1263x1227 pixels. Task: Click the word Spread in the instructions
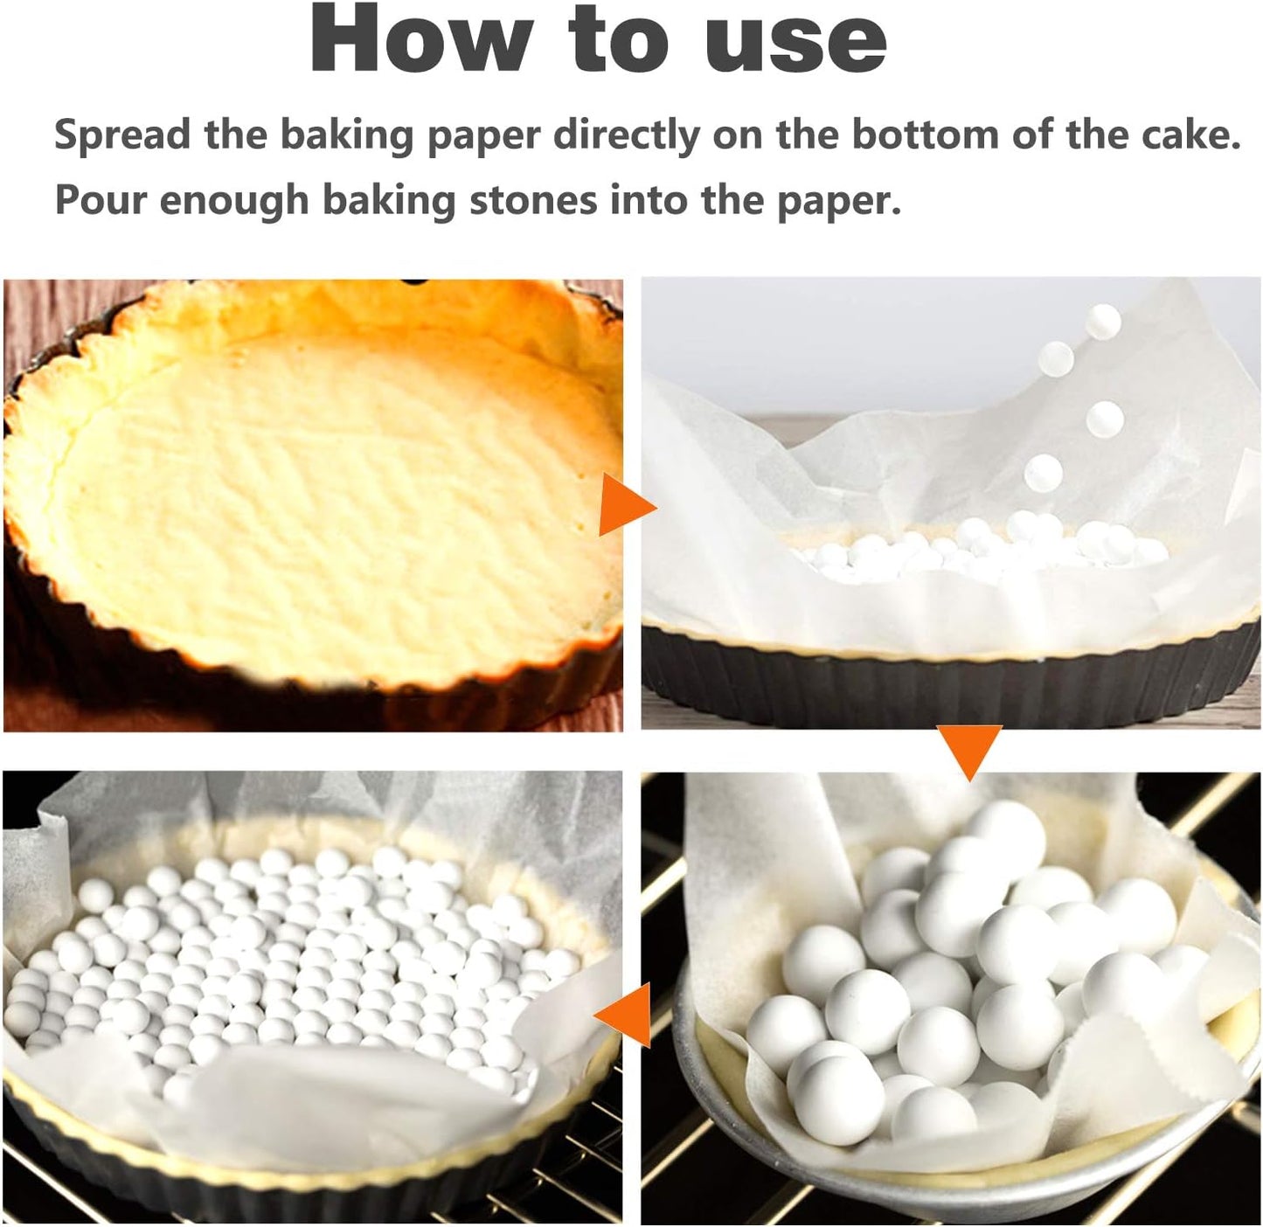122,135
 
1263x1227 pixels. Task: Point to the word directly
627,135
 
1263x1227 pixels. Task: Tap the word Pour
99,200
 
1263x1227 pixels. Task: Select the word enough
233,200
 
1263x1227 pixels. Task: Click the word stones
533,200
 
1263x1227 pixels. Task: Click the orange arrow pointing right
623,507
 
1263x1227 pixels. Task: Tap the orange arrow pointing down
968,751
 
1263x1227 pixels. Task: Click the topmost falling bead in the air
1103,322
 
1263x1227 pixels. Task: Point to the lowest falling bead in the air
1043,473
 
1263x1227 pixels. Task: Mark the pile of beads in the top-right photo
979,546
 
